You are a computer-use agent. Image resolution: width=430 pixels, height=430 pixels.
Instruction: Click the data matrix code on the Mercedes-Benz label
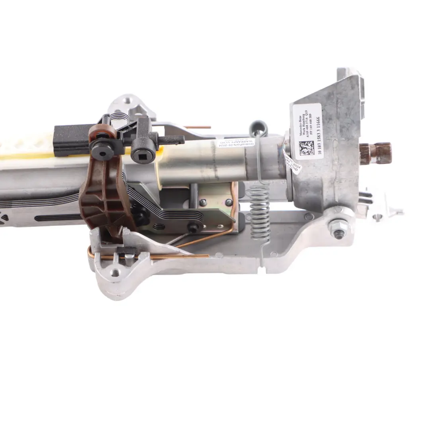tap(306, 148)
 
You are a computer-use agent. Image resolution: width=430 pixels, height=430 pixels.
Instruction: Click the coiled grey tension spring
tap(259, 213)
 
